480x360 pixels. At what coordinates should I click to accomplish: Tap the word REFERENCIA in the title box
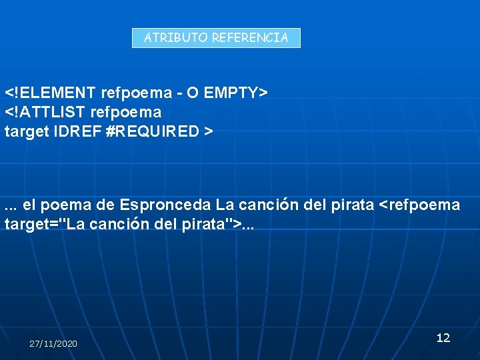pyautogui.click(x=250, y=38)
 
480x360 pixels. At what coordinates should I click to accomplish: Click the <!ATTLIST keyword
pyautogui.click(x=47, y=111)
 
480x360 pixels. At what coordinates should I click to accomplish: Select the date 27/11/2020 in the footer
pyautogui.click(x=53, y=343)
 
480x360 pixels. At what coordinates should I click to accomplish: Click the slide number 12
pyautogui.click(x=443, y=338)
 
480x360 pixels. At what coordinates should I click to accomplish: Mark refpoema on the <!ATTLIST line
pyautogui.click(x=127, y=111)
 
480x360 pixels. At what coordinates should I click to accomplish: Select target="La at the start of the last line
pyautogui.click(x=45, y=225)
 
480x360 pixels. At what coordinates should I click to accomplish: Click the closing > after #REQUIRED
pyautogui.click(x=209, y=131)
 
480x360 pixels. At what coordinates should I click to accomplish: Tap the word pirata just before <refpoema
pyautogui.click(x=353, y=205)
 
